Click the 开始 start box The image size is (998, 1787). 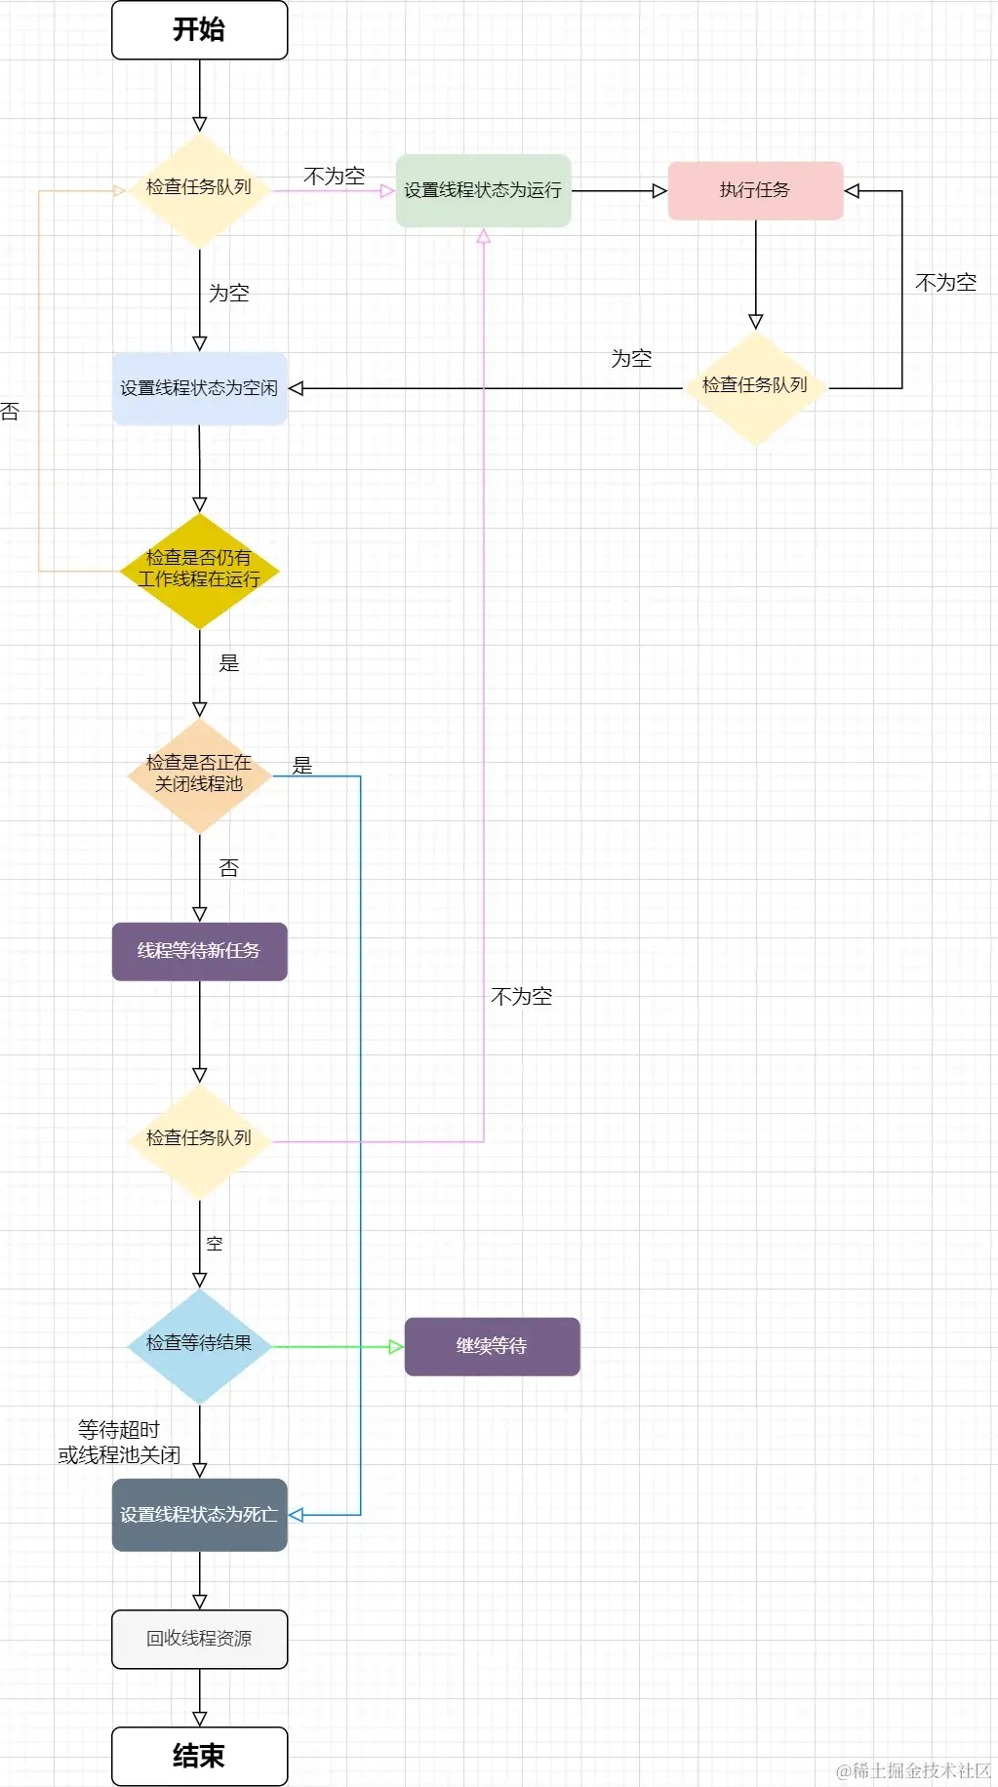click(x=199, y=30)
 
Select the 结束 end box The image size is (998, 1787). click(x=199, y=1756)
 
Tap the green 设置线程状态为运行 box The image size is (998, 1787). click(x=483, y=190)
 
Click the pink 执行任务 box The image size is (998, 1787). click(x=755, y=190)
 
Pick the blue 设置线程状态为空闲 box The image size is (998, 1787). click(x=199, y=388)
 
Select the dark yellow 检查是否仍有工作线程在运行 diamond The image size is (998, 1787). click(x=199, y=570)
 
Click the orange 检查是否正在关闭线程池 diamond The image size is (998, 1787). click(x=199, y=774)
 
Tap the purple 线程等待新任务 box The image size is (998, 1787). click(x=199, y=951)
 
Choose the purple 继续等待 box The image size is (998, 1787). click(x=492, y=1346)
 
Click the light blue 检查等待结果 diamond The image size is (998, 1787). click(x=199, y=1344)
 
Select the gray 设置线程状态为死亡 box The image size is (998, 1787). click(x=199, y=1515)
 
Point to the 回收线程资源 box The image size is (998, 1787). click(x=199, y=1639)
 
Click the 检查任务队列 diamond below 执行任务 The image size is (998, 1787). click(x=755, y=387)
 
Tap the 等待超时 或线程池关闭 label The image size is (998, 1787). click(x=119, y=1443)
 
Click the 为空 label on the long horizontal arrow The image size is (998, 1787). click(x=631, y=359)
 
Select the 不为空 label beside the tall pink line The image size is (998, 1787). click(x=522, y=997)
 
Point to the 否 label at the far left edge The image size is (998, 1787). click(x=10, y=412)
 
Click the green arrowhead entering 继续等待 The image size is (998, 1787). click(x=396, y=1347)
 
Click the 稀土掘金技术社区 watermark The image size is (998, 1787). click(x=913, y=1770)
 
